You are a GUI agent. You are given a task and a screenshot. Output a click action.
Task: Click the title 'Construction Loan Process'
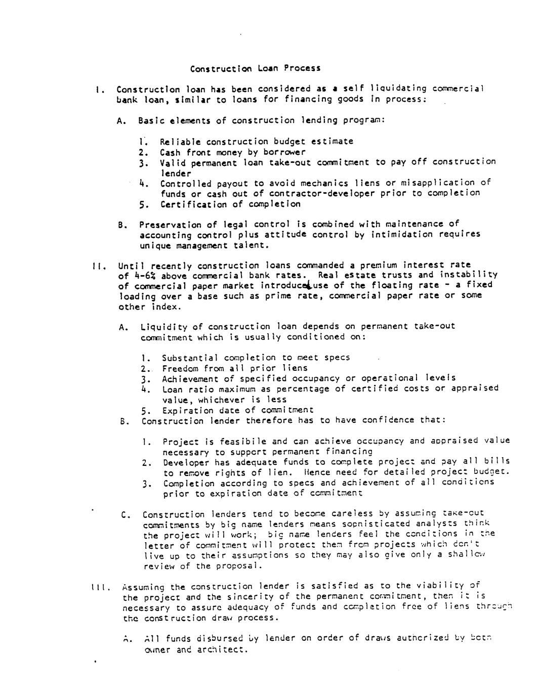point(255,68)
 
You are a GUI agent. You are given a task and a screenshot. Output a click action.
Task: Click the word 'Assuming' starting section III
point(143,587)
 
